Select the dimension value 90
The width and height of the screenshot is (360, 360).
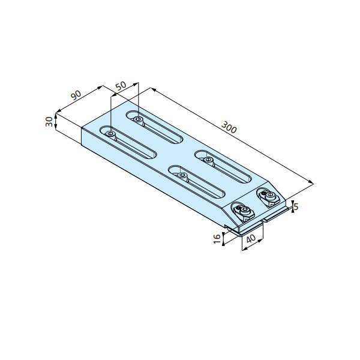76,95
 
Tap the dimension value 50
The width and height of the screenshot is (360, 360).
121,86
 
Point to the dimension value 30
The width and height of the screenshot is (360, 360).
49,122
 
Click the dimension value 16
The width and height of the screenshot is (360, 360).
217,239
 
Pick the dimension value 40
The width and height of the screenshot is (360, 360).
251,239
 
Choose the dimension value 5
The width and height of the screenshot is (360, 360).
296,206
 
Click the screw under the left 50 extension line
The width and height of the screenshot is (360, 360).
110,134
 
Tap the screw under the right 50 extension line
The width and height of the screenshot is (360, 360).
138,119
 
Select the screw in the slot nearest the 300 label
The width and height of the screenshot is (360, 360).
208,160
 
